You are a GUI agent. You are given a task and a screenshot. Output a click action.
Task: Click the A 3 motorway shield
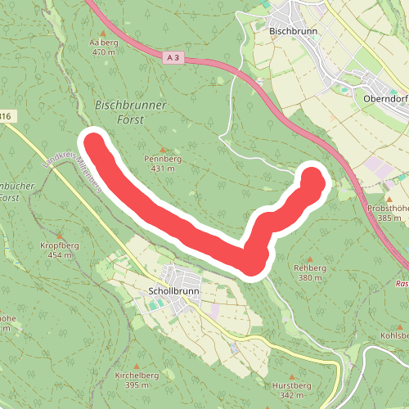click(x=171, y=58)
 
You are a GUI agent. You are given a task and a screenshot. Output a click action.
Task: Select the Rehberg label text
click(x=311, y=267)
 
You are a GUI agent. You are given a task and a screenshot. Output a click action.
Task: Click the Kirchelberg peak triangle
click(x=137, y=366)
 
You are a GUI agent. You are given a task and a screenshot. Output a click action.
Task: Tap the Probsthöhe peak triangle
click(x=390, y=199)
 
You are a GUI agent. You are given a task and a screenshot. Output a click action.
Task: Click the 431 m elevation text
click(x=164, y=169)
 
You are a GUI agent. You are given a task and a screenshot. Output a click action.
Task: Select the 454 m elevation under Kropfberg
click(x=56, y=254)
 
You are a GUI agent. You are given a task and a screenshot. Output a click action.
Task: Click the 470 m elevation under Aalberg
click(x=104, y=52)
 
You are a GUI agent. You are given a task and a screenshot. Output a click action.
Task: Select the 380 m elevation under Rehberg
click(x=311, y=277)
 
